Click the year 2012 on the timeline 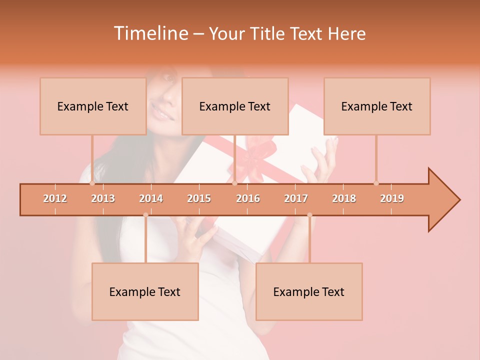click(x=55, y=198)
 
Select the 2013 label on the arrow click(x=103, y=198)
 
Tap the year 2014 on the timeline click(x=151, y=198)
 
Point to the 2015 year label click(x=199, y=198)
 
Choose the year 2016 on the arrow click(x=248, y=198)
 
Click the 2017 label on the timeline click(x=296, y=198)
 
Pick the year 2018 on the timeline click(x=344, y=198)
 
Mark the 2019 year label click(x=392, y=198)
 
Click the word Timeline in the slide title click(x=150, y=33)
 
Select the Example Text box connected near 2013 click(x=93, y=106)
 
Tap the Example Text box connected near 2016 click(x=235, y=106)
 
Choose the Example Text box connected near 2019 click(x=377, y=106)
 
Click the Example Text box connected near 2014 click(x=145, y=291)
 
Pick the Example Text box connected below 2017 click(x=309, y=291)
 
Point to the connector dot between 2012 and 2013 click(x=92, y=183)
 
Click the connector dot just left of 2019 click(x=376, y=183)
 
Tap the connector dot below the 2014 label click(x=145, y=215)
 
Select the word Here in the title click(x=346, y=33)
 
